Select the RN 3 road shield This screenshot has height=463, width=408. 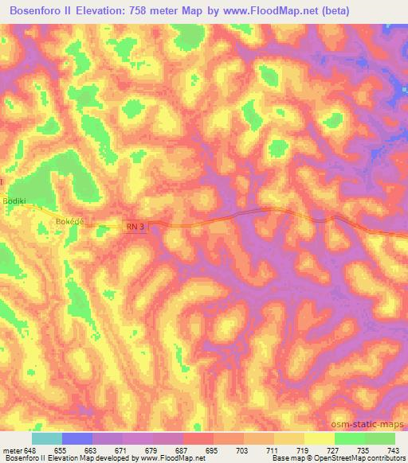coord(135,227)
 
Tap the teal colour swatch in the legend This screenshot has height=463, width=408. coord(47,438)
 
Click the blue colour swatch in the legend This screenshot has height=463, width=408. coord(77,438)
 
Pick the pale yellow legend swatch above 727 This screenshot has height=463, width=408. coord(319,438)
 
